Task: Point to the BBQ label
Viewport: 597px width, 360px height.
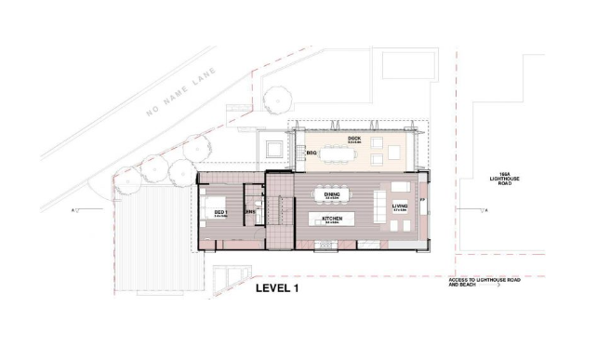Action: pos(311,153)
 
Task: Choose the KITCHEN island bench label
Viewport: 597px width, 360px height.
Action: pos(332,220)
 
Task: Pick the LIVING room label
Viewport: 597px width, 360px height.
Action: pos(400,207)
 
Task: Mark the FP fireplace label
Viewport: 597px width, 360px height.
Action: pos(421,199)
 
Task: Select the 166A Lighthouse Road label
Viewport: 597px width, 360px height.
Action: pos(506,178)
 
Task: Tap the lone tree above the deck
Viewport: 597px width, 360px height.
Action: pos(277,96)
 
